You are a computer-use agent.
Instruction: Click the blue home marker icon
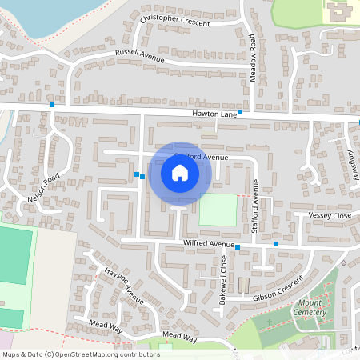pos(180,173)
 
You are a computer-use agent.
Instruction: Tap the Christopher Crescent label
pos(174,20)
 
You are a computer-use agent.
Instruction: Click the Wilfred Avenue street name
pos(209,243)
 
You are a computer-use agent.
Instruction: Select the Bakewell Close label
pos(223,276)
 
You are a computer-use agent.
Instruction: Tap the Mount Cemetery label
pos(310,308)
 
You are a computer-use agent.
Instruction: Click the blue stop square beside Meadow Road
pos(240,113)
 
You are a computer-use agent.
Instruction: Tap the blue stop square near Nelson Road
pos(52,105)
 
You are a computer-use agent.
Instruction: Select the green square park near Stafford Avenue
pos(218,210)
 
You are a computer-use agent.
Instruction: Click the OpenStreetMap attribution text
pos(81,354)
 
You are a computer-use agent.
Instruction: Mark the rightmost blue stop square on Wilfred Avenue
pos(276,243)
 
